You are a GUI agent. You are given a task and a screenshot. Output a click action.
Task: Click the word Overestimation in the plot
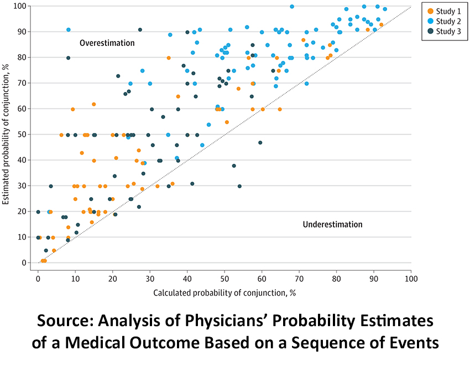click(107, 43)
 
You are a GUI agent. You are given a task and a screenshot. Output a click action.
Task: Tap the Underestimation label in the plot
click(332, 224)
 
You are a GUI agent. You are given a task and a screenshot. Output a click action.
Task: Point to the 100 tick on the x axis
click(411, 278)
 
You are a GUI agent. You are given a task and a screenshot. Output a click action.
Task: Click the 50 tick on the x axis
click(224, 278)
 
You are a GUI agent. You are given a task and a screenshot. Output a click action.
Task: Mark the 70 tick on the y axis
click(24, 83)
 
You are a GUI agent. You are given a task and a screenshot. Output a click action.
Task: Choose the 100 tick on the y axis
click(23, 6)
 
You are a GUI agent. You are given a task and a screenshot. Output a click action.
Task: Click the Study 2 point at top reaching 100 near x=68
click(292, 7)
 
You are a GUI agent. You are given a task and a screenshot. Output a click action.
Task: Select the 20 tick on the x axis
click(113, 278)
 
